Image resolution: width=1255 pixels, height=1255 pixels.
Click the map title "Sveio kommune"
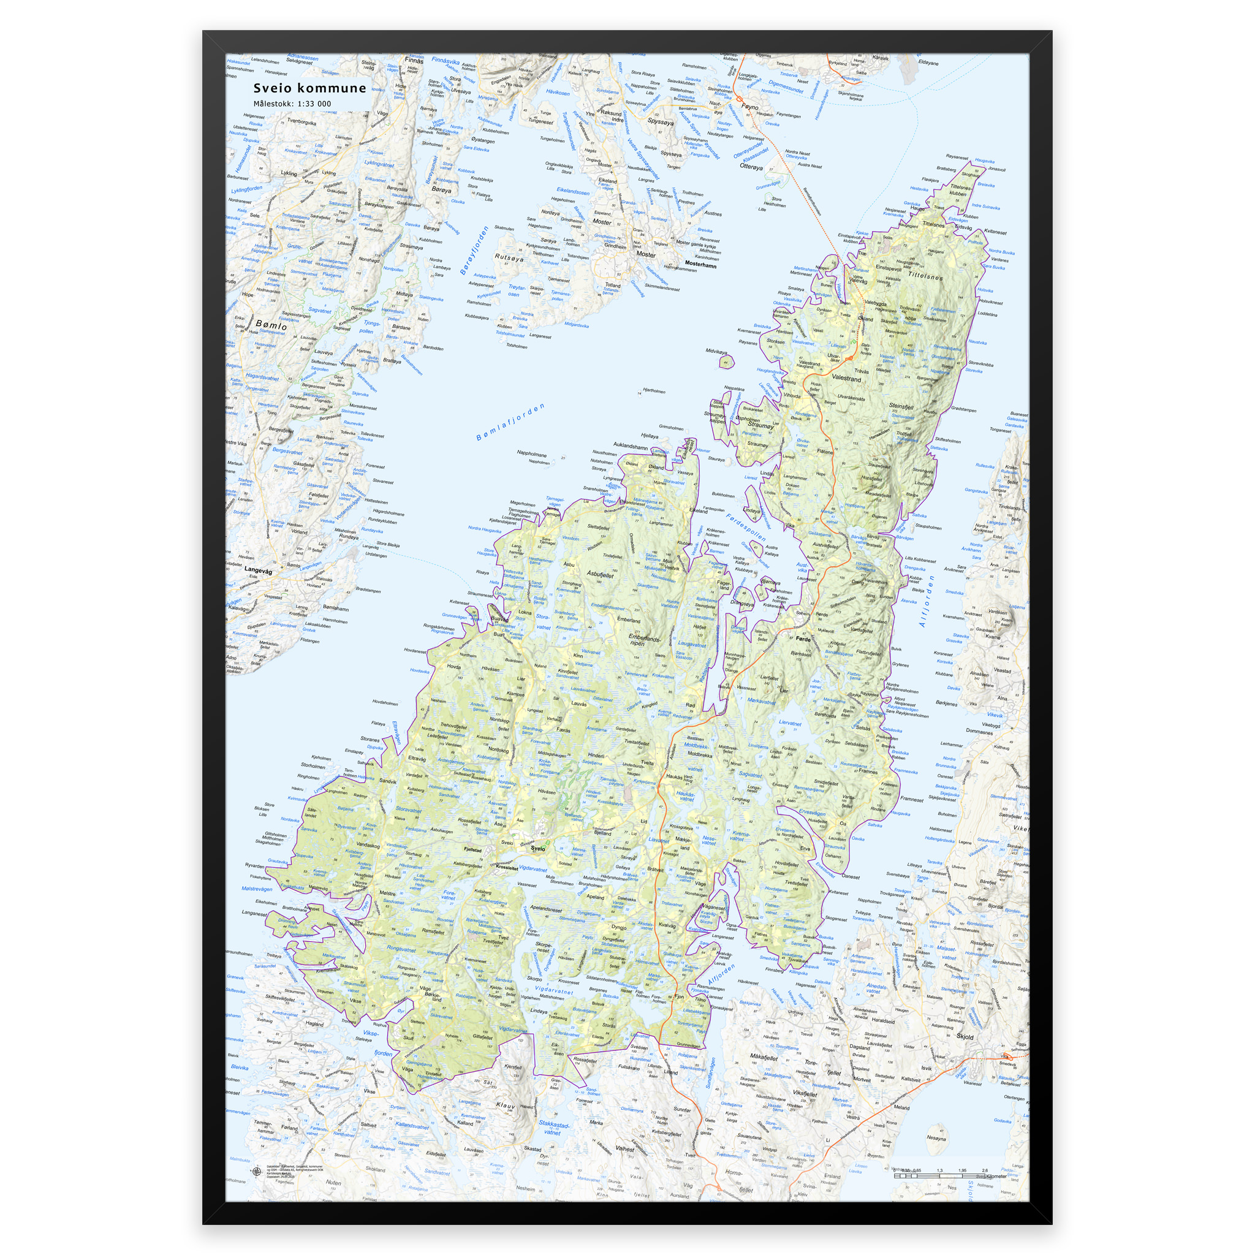click(310, 88)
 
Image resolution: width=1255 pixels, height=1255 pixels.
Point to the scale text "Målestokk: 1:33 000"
click(292, 104)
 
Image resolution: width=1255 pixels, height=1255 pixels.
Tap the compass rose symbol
click(255, 1172)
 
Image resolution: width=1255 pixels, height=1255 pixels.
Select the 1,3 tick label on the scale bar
click(939, 1170)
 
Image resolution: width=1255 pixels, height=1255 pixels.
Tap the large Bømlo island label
click(271, 324)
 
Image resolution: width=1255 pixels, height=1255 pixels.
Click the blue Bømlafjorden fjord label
click(510, 422)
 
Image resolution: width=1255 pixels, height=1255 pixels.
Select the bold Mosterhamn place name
click(700, 265)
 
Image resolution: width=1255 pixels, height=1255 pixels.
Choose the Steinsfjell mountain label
click(901, 406)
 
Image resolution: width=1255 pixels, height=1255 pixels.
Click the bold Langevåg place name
click(258, 571)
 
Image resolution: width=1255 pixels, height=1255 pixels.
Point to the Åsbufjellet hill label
click(600, 574)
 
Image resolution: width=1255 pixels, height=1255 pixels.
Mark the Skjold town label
click(965, 1037)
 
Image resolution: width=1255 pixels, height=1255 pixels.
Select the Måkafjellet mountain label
click(764, 1057)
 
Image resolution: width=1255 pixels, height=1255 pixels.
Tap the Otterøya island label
click(751, 167)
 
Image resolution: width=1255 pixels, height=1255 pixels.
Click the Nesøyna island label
click(936, 1138)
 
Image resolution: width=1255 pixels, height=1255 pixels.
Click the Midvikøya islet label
click(717, 351)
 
